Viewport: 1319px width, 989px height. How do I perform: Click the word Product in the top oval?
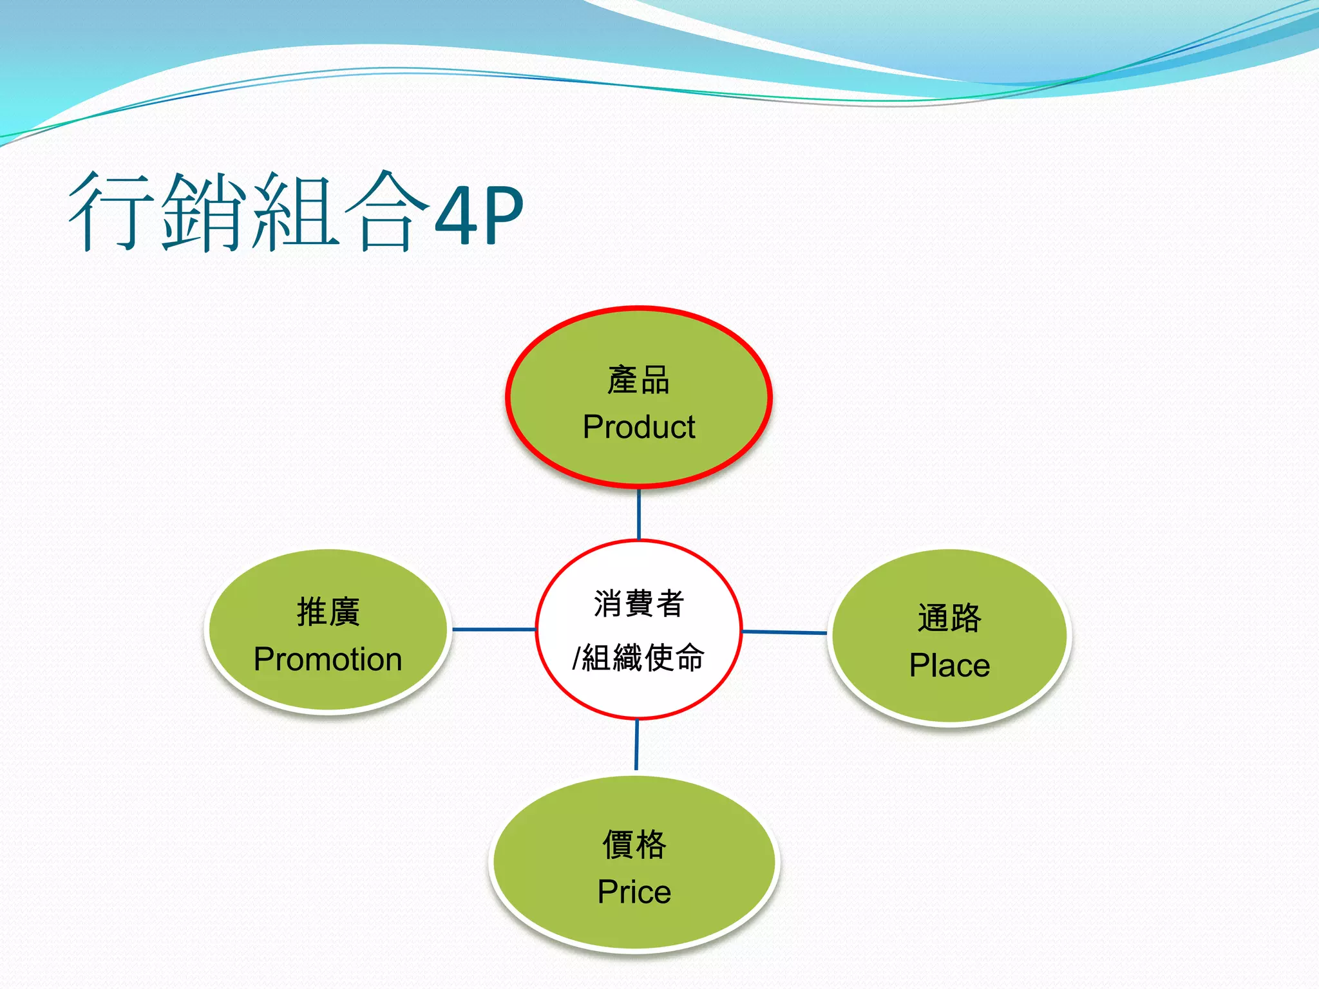(x=639, y=427)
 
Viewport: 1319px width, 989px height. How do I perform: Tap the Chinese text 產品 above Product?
(x=639, y=380)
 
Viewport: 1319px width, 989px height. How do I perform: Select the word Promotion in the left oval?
(x=328, y=659)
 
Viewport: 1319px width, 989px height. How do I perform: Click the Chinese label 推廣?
(x=328, y=612)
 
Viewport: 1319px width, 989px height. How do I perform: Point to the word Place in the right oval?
(x=949, y=665)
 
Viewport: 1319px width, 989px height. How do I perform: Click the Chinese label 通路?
(x=949, y=618)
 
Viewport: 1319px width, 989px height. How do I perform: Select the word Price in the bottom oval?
(x=634, y=892)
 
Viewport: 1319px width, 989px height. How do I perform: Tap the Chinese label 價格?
(x=634, y=844)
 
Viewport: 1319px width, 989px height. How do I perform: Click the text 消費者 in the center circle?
(x=638, y=603)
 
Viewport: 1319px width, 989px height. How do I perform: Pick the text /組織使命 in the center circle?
(x=638, y=657)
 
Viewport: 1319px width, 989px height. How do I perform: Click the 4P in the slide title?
(x=479, y=215)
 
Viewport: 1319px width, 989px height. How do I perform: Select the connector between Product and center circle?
(x=639, y=514)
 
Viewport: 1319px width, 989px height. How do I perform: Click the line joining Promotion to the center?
(x=494, y=629)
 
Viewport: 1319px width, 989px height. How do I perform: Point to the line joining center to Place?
(x=784, y=632)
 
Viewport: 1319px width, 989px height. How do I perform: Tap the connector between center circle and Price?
(x=637, y=745)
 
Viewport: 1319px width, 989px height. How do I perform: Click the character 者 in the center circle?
(x=670, y=603)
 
